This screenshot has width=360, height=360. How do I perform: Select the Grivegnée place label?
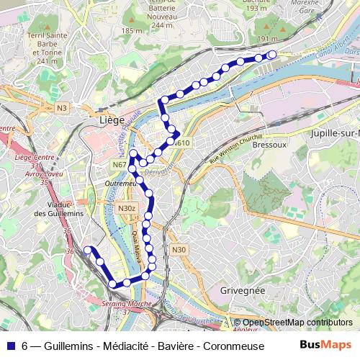241,290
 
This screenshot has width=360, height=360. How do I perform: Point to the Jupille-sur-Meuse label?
334,134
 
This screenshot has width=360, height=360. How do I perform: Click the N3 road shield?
61,108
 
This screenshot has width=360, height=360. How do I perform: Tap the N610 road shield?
181,143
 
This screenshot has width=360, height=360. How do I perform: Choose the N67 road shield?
120,165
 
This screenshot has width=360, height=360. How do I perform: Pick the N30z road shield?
126,208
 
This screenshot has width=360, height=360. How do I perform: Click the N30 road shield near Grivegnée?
179,250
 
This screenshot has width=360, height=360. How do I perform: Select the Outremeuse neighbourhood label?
120,184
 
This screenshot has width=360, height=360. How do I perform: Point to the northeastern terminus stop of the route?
272,55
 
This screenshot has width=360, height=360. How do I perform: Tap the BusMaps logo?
325,344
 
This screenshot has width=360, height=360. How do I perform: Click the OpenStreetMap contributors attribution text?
297,323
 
